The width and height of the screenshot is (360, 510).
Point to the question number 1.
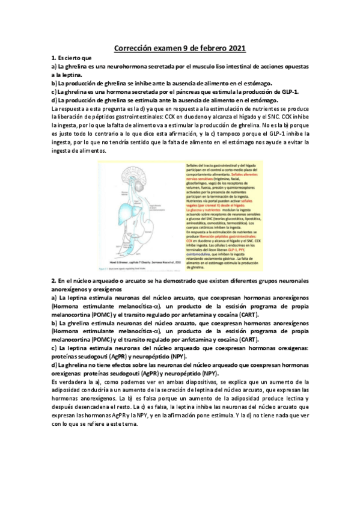(53, 58)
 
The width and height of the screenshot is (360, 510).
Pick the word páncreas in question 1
(176, 91)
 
